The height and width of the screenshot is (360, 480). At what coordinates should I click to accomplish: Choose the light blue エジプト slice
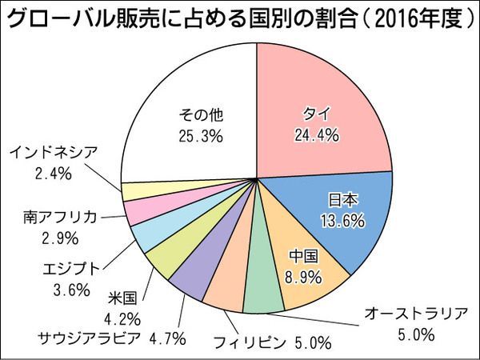(149, 236)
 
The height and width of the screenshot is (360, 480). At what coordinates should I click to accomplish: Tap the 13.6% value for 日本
(346, 220)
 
